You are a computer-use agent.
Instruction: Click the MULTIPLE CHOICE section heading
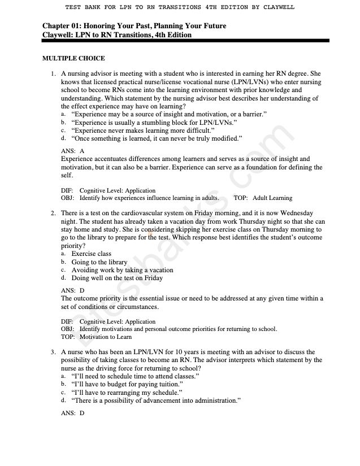(x=73, y=59)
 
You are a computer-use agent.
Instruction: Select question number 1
(x=53, y=74)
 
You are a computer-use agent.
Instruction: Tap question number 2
(x=53, y=214)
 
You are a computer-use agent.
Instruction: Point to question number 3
(x=53, y=352)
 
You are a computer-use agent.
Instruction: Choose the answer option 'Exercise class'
(x=91, y=254)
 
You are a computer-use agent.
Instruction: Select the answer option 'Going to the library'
(x=99, y=262)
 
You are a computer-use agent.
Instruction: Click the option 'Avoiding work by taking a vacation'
(x=122, y=270)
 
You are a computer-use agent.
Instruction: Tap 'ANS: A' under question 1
(x=72, y=151)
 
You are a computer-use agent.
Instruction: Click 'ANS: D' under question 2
(x=72, y=290)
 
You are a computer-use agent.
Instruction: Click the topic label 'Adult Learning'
(x=272, y=198)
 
